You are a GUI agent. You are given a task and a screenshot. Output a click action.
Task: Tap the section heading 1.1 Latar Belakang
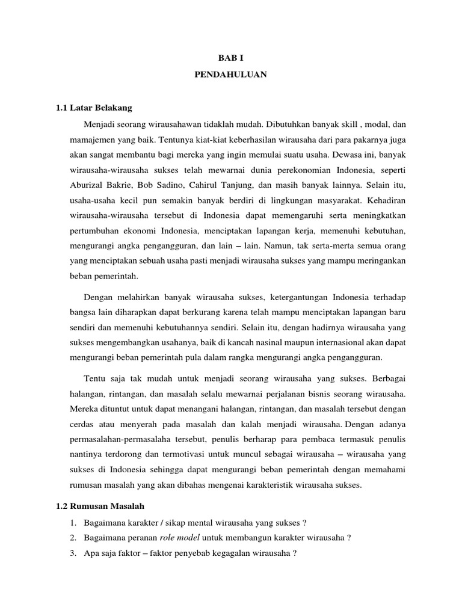[x=93, y=108]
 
